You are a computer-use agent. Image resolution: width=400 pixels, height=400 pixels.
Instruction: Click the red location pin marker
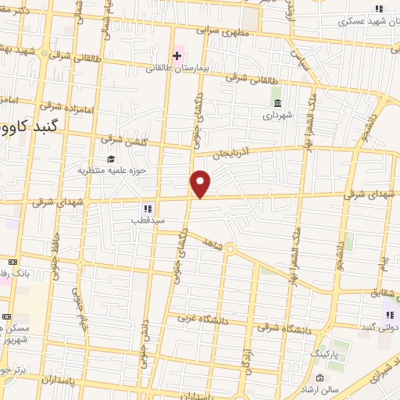pyautogui.click(x=201, y=183)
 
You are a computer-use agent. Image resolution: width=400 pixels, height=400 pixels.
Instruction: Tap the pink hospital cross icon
pyautogui.click(x=177, y=55)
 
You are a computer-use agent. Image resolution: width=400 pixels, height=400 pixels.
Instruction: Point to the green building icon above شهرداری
pyautogui.click(x=277, y=103)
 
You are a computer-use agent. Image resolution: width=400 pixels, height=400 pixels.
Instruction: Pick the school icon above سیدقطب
pyautogui.click(x=146, y=209)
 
